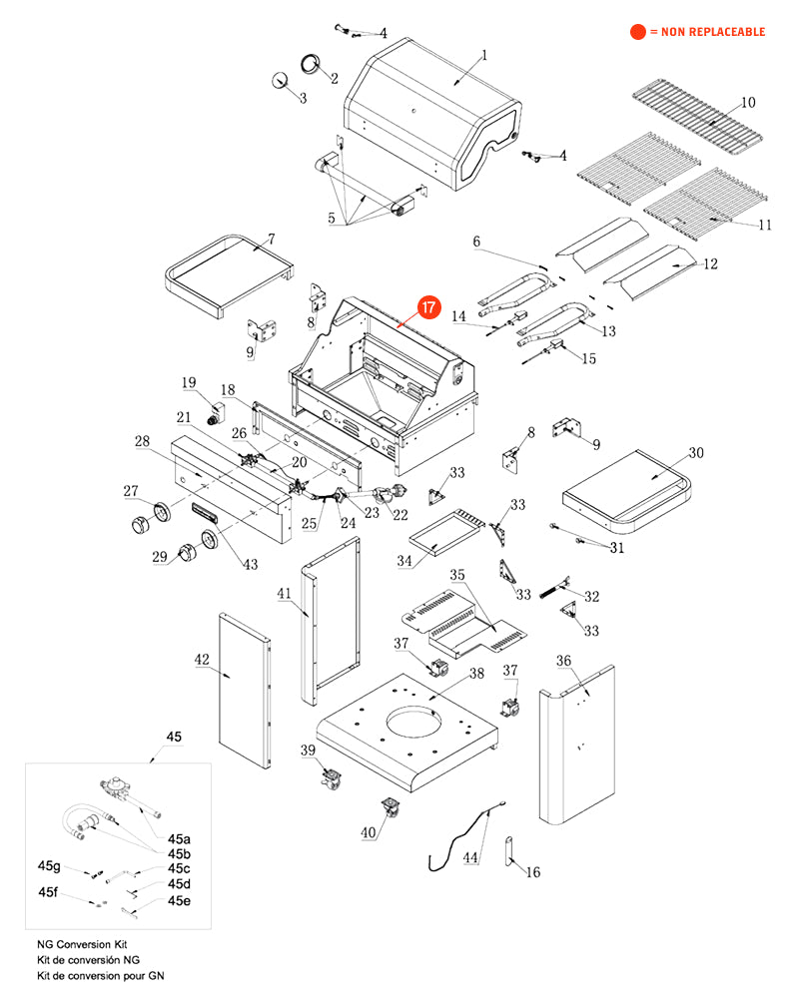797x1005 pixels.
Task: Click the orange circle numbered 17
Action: pyautogui.click(x=427, y=308)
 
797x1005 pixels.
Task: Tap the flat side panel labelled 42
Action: pyautogui.click(x=244, y=689)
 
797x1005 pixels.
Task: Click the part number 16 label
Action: pyautogui.click(x=533, y=872)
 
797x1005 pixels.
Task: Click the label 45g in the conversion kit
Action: pyautogui.click(x=50, y=866)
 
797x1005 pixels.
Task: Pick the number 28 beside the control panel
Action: pyautogui.click(x=142, y=441)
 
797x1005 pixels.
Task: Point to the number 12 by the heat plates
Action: pyautogui.click(x=711, y=264)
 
